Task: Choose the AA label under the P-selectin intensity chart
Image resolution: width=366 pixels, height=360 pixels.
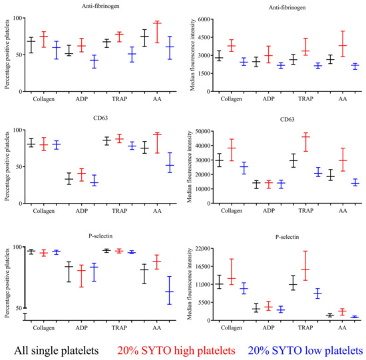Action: coord(343,328)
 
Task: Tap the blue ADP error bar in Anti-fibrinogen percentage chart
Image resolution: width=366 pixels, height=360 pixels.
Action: coord(94,61)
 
